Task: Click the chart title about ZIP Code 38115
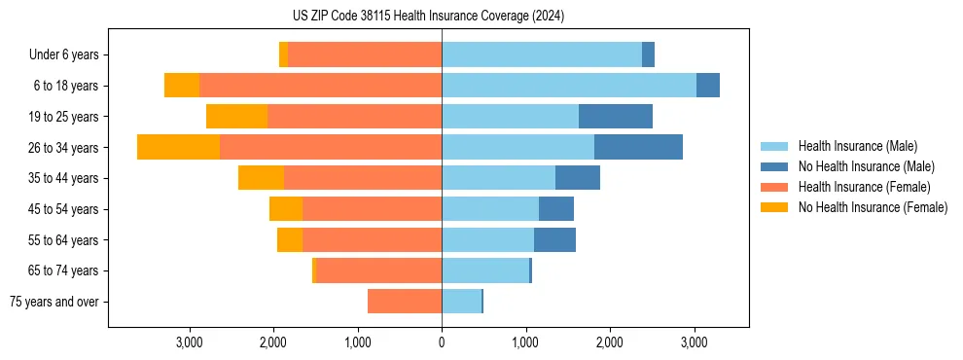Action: pyautogui.click(x=428, y=17)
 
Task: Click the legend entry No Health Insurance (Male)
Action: pyautogui.click(x=865, y=166)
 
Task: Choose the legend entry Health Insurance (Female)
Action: pyautogui.click(x=864, y=187)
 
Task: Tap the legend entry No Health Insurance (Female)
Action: pyautogui.click(x=873, y=207)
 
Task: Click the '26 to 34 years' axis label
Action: pyautogui.click(x=63, y=148)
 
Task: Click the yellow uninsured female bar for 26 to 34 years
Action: pyautogui.click(x=178, y=147)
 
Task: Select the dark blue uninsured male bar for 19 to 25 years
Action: pyautogui.click(x=616, y=117)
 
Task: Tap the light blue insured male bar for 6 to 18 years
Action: pyautogui.click(x=569, y=86)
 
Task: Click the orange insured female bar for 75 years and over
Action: pyautogui.click(x=405, y=302)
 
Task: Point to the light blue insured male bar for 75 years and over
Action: pyautogui.click(x=461, y=302)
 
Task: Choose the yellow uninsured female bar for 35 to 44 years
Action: pyautogui.click(x=261, y=178)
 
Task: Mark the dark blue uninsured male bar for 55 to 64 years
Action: pyautogui.click(x=554, y=239)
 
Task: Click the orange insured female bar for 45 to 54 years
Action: pyautogui.click(x=372, y=209)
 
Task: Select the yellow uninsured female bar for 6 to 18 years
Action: pyautogui.click(x=182, y=86)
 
